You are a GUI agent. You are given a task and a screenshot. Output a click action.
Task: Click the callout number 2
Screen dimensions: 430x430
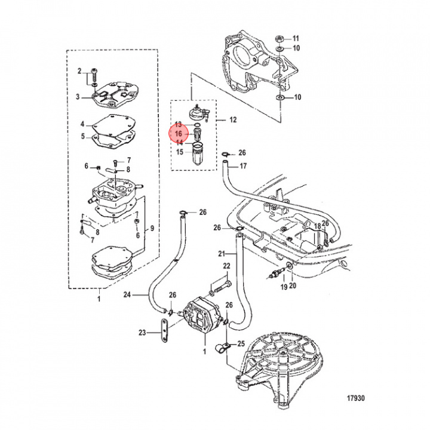(78, 72)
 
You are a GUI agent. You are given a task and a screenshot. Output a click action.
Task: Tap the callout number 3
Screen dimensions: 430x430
(78, 96)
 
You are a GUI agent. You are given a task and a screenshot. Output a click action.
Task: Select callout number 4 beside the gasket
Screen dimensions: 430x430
(82, 125)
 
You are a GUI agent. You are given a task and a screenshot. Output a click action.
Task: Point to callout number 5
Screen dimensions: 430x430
(82, 136)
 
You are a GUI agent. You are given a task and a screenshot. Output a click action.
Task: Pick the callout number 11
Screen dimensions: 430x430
(296, 38)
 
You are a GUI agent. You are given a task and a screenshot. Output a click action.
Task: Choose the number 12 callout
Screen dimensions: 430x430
(233, 120)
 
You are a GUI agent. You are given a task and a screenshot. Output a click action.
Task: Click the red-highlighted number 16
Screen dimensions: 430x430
(179, 134)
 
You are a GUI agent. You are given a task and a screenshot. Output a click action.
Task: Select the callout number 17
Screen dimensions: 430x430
(242, 166)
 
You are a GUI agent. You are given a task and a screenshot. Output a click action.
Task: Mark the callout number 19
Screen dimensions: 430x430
(284, 287)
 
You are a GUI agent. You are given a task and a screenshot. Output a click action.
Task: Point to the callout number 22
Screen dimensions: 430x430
(227, 266)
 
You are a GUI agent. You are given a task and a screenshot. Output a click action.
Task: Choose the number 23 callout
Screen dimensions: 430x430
(142, 333)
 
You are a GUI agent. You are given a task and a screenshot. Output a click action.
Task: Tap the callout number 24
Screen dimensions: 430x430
(127, 294)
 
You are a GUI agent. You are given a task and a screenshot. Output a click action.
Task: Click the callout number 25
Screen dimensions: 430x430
(241, 343)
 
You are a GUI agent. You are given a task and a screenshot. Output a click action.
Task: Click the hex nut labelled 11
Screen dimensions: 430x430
(280, 38)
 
